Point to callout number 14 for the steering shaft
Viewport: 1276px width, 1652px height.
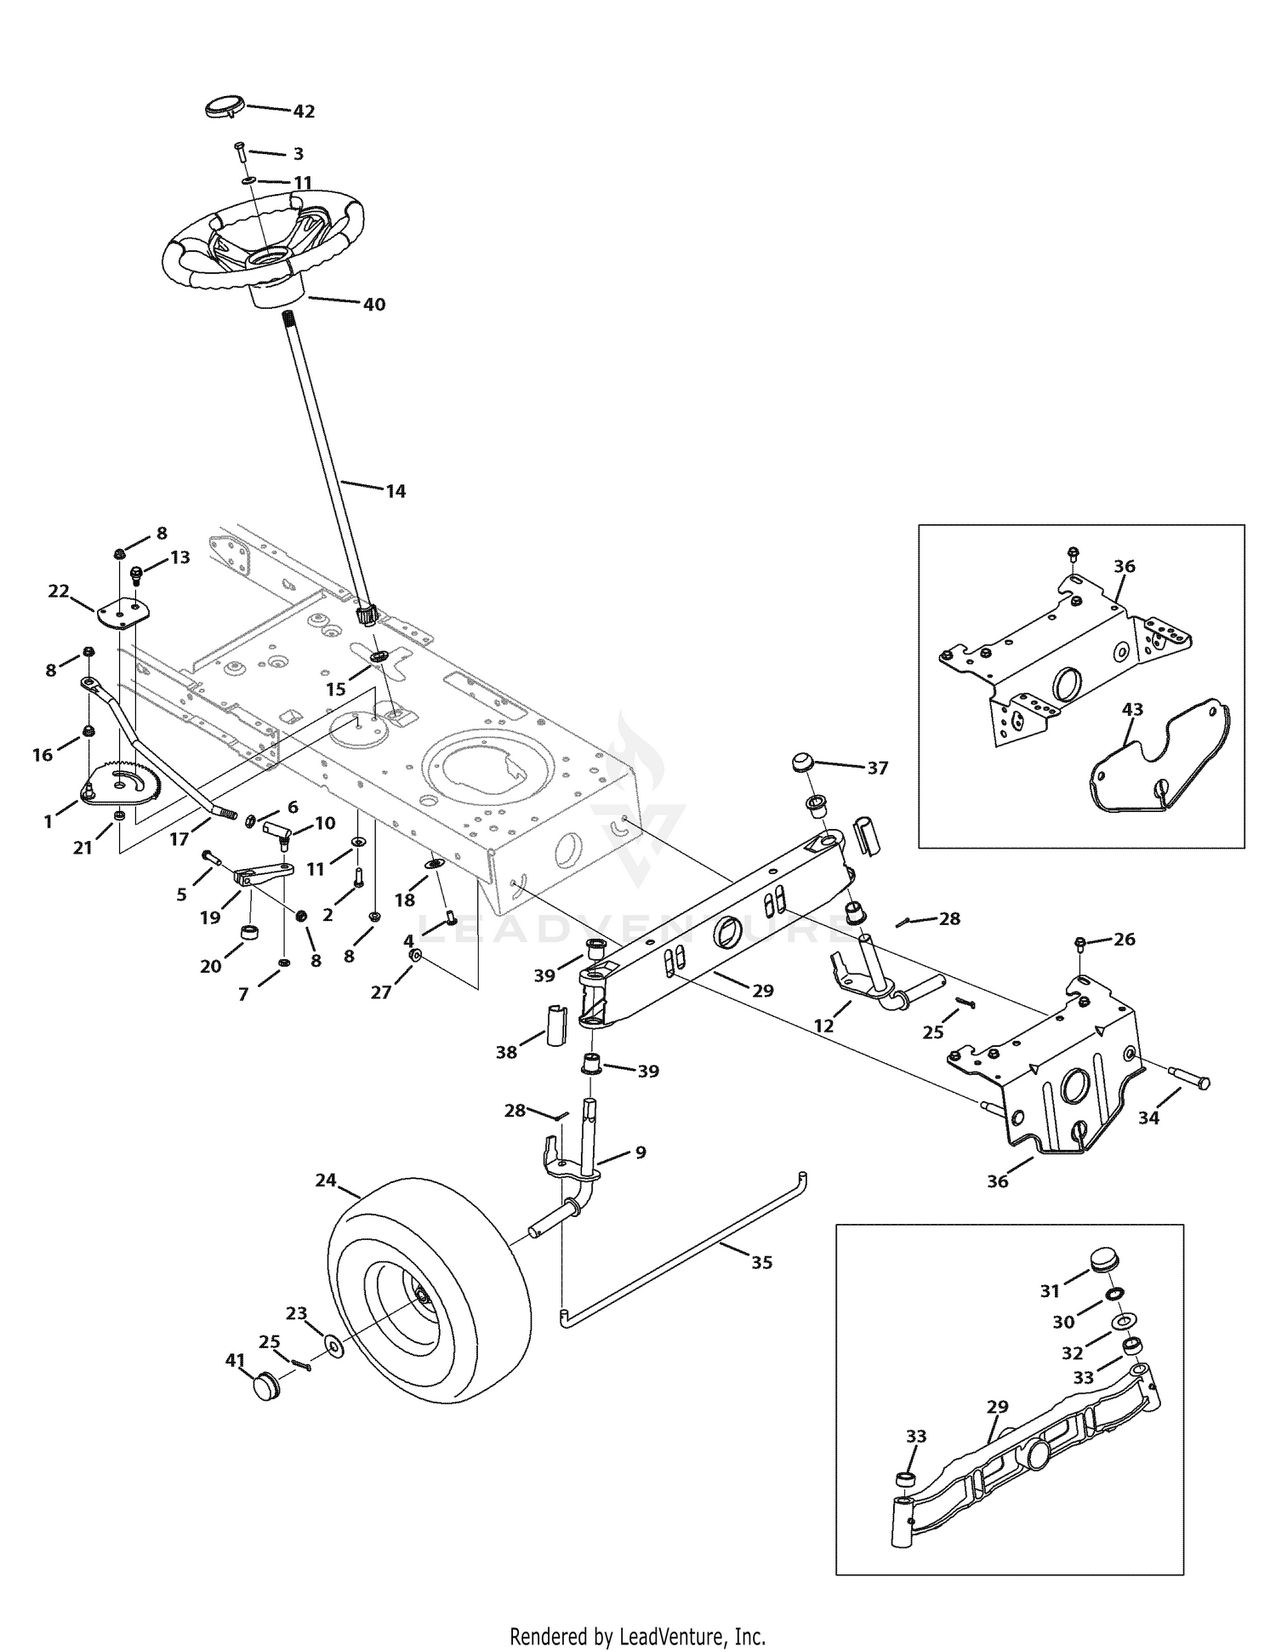tap(396, 491)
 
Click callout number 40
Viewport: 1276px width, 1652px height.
tap(374, 304)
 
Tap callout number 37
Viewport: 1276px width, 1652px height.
tap(877, 769)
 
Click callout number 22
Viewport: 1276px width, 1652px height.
tap(58, 591)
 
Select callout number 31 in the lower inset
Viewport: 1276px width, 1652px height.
tap(1050, 1291)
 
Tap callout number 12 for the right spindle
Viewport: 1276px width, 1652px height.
tap(823, 1026)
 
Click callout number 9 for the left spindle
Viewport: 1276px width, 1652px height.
tap(641, 1152)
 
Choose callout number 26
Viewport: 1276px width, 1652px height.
tap(1125, 940)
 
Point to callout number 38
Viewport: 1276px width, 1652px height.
tap(506, 1052)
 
